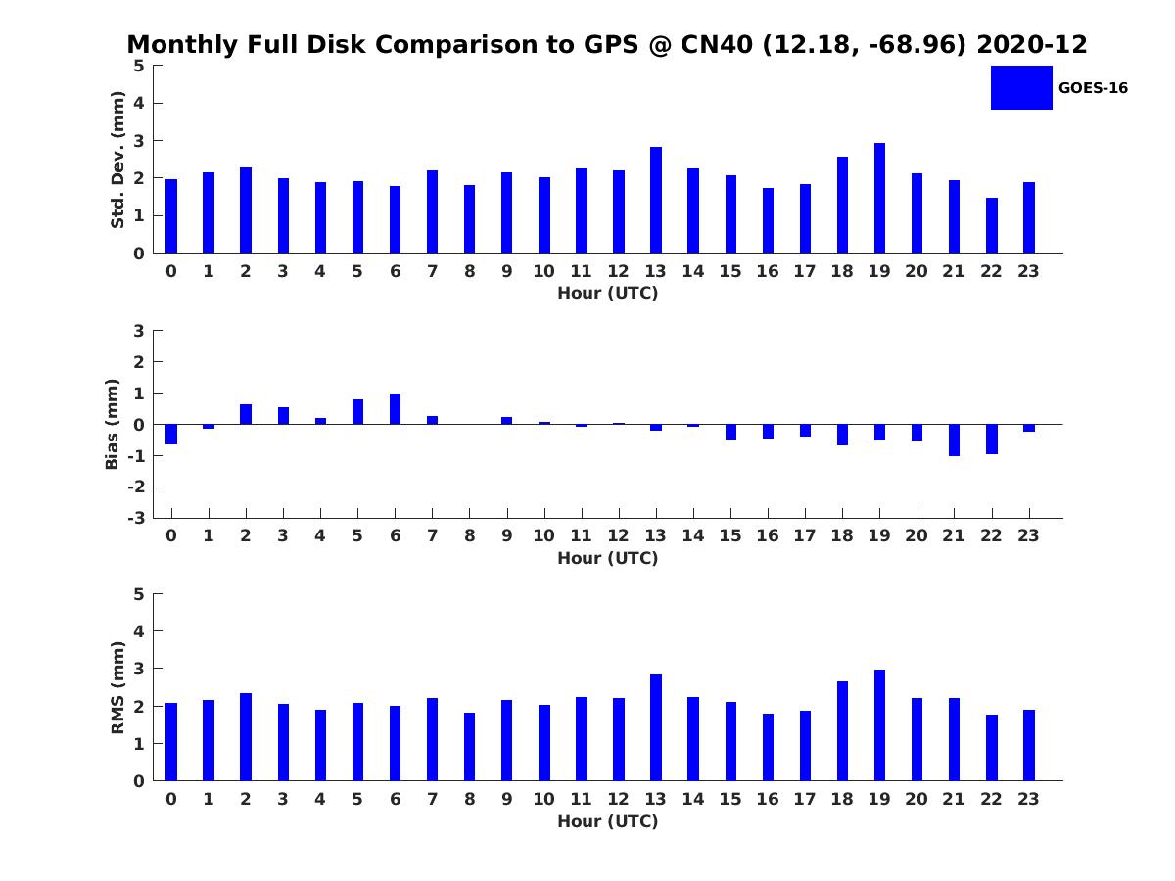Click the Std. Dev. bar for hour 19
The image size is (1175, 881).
879,198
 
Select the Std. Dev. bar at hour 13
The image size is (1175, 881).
656,200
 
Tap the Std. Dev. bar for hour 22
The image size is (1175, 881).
992,225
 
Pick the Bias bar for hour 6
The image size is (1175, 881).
395,409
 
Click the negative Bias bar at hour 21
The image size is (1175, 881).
954,440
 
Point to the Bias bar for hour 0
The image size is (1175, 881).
171,434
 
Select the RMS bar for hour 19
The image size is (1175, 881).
879,725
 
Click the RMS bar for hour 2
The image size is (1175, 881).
246,737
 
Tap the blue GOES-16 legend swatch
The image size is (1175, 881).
1021,87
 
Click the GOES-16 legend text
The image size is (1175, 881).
1093,88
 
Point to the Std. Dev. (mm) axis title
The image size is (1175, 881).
117,160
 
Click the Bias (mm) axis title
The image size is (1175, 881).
113,424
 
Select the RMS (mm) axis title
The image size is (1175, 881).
117,687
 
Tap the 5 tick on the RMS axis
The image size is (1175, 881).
138,594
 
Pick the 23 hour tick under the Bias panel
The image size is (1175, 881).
1029,535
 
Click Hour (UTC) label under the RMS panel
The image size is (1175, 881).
607,821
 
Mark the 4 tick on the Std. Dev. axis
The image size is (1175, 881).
138,103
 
